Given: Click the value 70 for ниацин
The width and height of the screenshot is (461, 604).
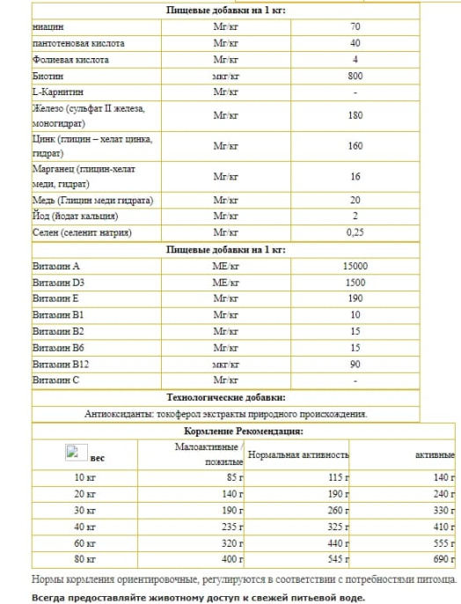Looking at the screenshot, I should [x=355, y=27].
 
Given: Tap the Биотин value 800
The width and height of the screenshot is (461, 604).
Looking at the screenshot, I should [x=355, y=76].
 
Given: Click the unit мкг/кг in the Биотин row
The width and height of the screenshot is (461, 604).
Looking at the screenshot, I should [x=226, y=76].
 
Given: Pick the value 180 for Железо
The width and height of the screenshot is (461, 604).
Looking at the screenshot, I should [x=355, y=115].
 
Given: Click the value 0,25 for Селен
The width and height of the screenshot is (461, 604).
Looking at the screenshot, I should [x=355, y=232].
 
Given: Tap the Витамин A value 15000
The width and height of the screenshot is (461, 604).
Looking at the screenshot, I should [x=355, y=266].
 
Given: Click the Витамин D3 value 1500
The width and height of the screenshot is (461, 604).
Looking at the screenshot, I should [x=355, y=283].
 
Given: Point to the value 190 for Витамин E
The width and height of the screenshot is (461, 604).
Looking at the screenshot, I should [x=355, y=298].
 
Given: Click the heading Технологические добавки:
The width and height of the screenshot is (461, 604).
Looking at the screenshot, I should [x=226, y=397].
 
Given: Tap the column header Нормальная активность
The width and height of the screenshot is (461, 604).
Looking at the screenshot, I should [x=298, y=454].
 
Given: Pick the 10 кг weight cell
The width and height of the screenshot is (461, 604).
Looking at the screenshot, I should [x=84, y=477].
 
